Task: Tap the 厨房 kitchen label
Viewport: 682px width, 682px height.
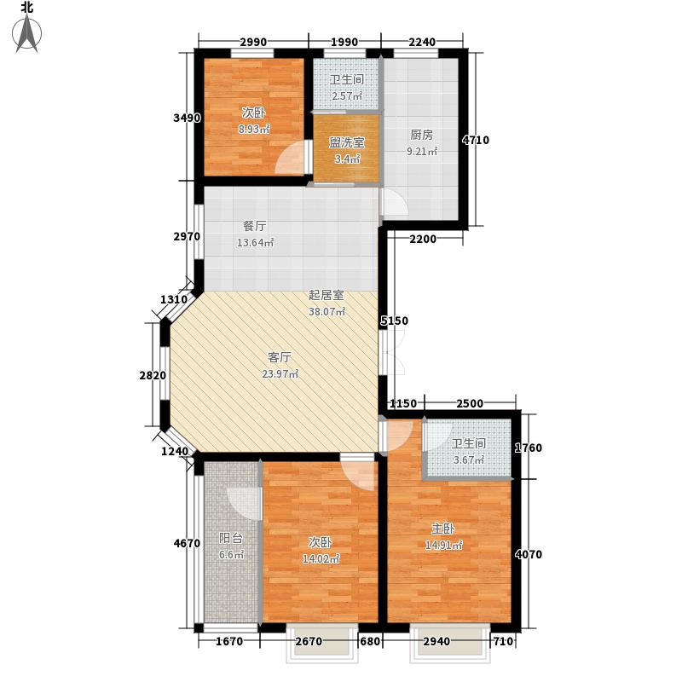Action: (x=422, y=134)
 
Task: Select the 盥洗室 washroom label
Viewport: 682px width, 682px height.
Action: (x=346, y=142)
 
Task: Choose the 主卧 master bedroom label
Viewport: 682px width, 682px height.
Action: (x=444, y=528)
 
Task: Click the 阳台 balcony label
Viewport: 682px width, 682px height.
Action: (x=231, y=538)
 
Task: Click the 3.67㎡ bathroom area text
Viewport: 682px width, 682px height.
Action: (x=468, y=460)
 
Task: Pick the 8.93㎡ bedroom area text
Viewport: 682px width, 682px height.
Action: (x=254, y=130)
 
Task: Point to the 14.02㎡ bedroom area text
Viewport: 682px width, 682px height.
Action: (x=325, y=559)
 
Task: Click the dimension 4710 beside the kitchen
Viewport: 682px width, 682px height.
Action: (x=476, y=141)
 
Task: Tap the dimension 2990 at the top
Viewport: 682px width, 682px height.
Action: (x=253, y=43)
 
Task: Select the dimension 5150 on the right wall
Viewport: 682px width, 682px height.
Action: (x=395, y=321)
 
